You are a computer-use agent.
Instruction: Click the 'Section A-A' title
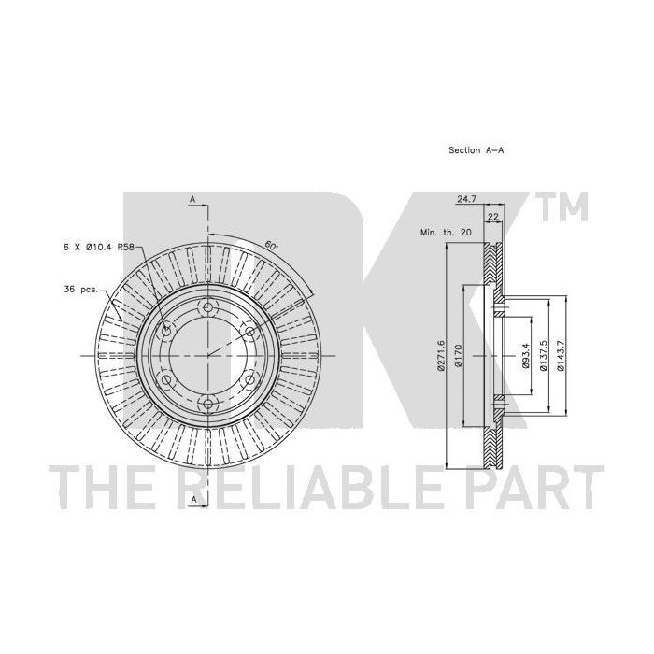pyautogui.click(x=476, y=150)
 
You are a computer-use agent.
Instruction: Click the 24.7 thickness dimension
pyautogui.click(x=466, y=199)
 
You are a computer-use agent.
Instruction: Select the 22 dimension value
pyautogui.click(x=493, y=217)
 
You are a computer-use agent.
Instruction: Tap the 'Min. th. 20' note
pyautogui.click(x=446, y=232)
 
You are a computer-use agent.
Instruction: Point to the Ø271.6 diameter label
pyautogui.click(x=440, y=355)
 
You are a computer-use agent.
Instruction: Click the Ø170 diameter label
pyautogui.click(x=458, y=355)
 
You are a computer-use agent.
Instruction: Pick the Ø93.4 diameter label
pyautogui.click(x=525, y=355)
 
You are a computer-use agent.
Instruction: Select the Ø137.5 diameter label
pyautogui.click(x=543, y=355)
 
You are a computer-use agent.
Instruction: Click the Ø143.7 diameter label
pyautogui.click(x=561, y=355)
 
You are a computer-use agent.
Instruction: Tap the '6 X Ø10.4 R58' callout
pyautogui.click(x=98, y=247)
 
